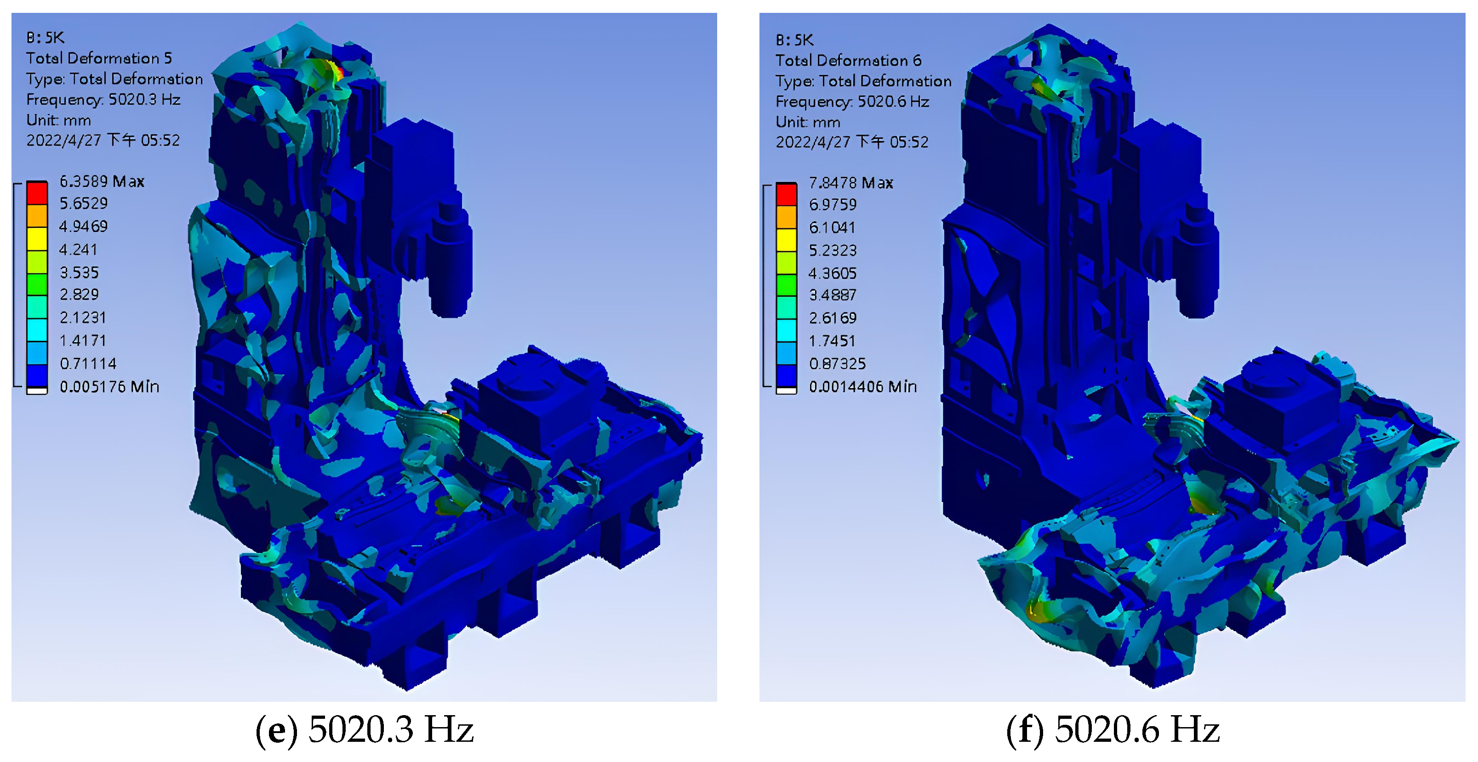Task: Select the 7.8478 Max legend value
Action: (851, 183)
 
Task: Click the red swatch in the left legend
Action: (37, 192)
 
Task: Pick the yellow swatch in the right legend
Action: (787, 240)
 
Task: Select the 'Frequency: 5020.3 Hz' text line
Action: (103, 100)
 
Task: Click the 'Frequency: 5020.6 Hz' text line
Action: (852, 102)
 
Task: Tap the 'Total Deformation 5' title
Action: (99, 58)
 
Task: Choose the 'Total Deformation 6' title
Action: (848, 60)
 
